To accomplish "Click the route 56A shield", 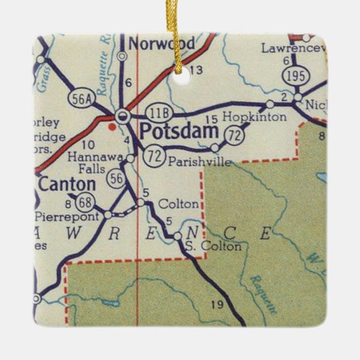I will click(x=78, y=100).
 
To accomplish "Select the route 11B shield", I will click(x=158, y=111).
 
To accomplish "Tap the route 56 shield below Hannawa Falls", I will click(x=117, y=178).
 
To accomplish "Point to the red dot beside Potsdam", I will click(x=112, y=125).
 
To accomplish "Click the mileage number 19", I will click(x=217, y=304).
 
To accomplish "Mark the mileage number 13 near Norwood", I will click(x=197, y=70).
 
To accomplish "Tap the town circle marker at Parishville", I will click(x=215, y=147).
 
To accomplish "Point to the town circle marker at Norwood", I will click(x=123, y=56).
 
